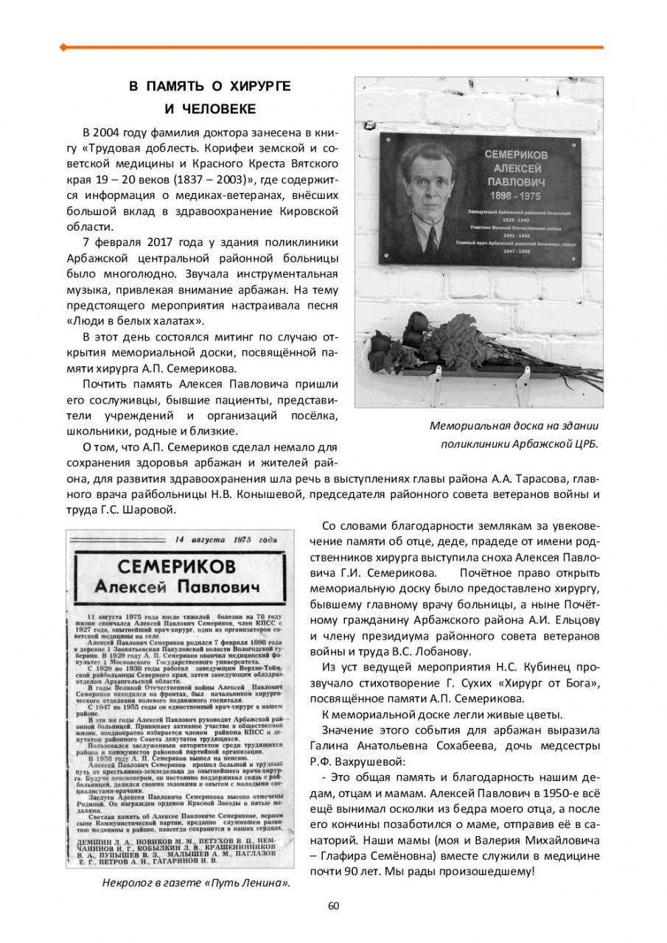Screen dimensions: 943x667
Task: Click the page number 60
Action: pos(333,905)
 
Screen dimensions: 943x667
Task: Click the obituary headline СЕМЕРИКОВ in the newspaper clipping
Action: pos(177,567)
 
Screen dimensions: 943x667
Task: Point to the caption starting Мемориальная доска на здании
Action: pos(514,425)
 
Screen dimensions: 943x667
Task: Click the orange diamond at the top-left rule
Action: pos(63,47)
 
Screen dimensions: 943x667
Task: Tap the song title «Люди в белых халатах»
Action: pos(136,320)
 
